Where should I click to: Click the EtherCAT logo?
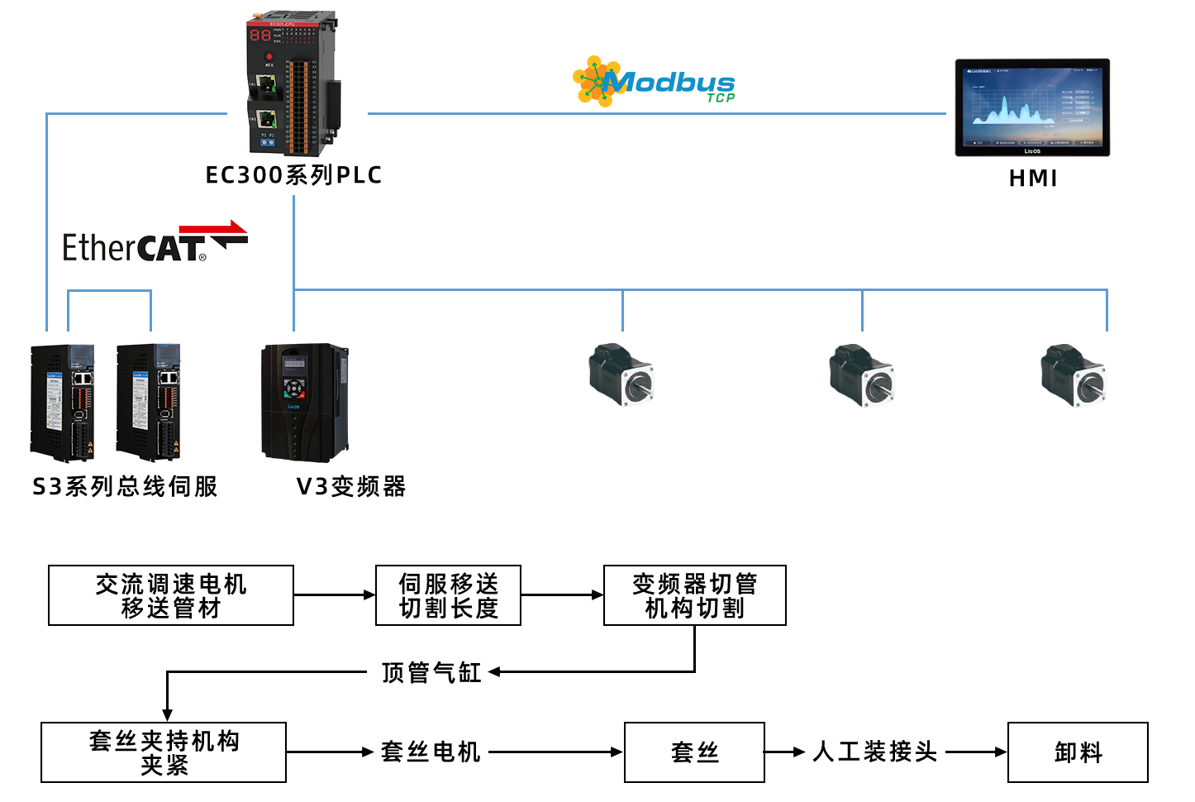click(x=155, y=241)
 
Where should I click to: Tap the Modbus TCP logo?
click(x=653, y=82)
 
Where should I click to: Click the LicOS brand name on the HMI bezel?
click(x=1032, y=151)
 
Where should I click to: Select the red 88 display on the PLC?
click(x=260, y=35)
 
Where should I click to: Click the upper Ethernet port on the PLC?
click(x=266, y=84)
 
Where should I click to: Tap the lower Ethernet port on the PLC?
click(x=266, y=118)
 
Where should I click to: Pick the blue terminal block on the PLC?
click(x=268, y=142)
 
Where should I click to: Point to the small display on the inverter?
click(x=294, y=363)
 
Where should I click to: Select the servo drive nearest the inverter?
click(x=149, y=403)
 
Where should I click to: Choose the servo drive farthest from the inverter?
click(x=63, y=403)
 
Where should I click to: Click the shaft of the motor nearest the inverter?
click(x=638, y=386)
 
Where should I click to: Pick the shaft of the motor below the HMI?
click(x=1090, y=386)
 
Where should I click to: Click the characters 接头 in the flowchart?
click(x=916, y=752)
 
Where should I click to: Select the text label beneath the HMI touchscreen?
click(x=1032, y=178)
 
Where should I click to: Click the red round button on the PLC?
click(x=269, y=56)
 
